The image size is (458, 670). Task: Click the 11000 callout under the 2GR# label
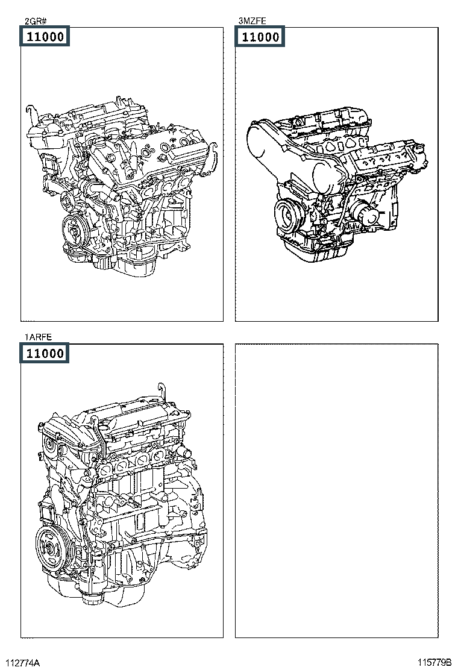click(45, 36)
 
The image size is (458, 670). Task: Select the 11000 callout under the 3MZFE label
click(260, 36)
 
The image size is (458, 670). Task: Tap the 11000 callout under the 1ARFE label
click(45, 353)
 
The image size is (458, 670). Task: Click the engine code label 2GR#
click(36, 21)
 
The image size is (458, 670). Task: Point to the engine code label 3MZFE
click(252, 21)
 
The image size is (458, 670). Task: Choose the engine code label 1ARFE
click(38, 337)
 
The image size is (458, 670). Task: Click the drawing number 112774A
click(23, 662)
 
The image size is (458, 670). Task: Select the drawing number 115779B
click(434, 662)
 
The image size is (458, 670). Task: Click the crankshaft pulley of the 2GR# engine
click(75, 231)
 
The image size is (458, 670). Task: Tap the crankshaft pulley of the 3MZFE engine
click(289, 214)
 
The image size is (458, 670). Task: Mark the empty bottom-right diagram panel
click(337, 490)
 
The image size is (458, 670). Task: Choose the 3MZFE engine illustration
click(337, 185)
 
